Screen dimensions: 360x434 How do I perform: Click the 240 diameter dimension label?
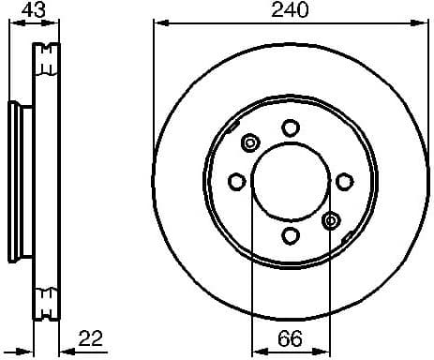pyautogui.click(x=290, y=10)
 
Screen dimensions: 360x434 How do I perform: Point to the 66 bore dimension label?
pyautogui.click(x=290, y=337)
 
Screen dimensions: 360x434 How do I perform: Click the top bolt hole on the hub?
pyautogui.click(x=290, y=127)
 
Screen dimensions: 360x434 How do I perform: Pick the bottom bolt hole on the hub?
pyautogui.click(x=290, y=234)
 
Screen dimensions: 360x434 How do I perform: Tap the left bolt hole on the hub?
pyautogui.click(x=236, y=181)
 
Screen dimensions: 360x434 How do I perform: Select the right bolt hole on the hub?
pyautogui.click(x=343, y=181)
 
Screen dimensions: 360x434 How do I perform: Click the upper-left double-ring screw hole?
pyautogui.click(x=250, y=142)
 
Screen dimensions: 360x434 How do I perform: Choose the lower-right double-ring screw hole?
pyautogui.click(x=329, y=220)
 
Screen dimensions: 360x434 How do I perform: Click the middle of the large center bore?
pyautogui.click(x=290, y=181)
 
